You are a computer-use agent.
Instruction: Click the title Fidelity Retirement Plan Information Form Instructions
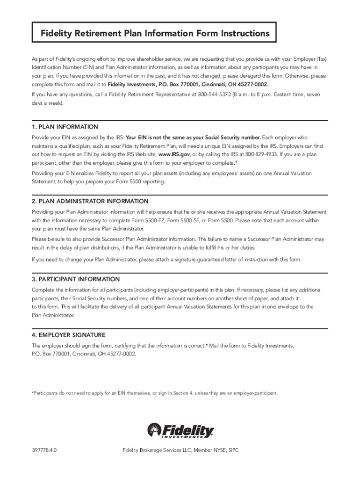click(x=155, y=34)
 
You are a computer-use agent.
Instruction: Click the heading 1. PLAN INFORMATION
click(x=65, y=127)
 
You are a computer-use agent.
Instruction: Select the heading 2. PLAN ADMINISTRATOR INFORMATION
click(x=90, y=201)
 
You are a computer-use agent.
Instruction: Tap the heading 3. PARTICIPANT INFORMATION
click(x=76, y=279)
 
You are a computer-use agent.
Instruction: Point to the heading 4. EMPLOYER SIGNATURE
click(x=69, y=335)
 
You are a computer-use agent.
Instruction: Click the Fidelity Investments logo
click(x=180, y=430)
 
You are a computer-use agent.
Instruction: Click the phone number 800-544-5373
click(x=215, y=94)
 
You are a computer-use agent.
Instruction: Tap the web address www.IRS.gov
click(x=174, y=154)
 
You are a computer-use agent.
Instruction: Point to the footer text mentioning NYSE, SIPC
click(x=180, y=450)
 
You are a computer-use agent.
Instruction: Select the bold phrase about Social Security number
click(x=193, y=138)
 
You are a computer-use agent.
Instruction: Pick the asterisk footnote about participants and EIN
click(x=154, y=393)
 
